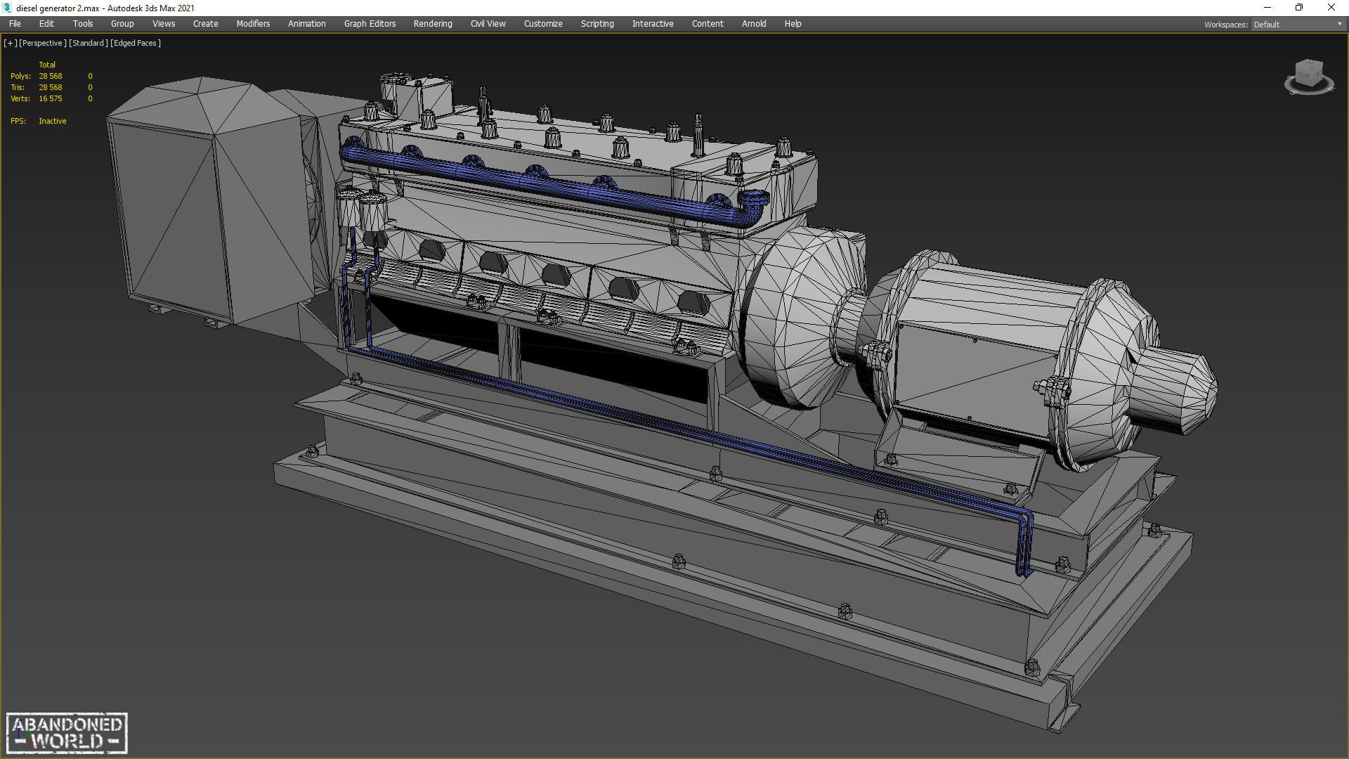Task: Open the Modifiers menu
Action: (x=253, y=24)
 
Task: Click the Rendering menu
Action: (x=432, y=24)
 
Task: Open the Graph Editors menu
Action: (x=370, y=24)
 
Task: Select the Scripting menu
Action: (x=597, y=24)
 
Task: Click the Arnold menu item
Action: (x=753, y=24)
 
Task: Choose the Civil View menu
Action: (x=488, y=24)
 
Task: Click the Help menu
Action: (x=793, y=24)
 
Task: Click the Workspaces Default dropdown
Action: (x=1297, y=25)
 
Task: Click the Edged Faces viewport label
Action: (x=136, y=43)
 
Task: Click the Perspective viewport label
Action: (x=42, y=43)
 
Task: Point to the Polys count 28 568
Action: (x=51, y=76)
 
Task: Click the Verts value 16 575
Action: (x=51, y=98)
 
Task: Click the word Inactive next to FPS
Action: (x=53, y=121)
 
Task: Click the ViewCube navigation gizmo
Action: (x=1308, y=76)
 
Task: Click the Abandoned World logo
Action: (x=67, y=733)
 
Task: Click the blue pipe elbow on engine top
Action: (x=753, y=204)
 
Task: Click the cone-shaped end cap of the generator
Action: (x=1180, y=387)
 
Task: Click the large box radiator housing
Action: (x=204, y=204)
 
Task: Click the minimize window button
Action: (x=1267, y=8)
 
